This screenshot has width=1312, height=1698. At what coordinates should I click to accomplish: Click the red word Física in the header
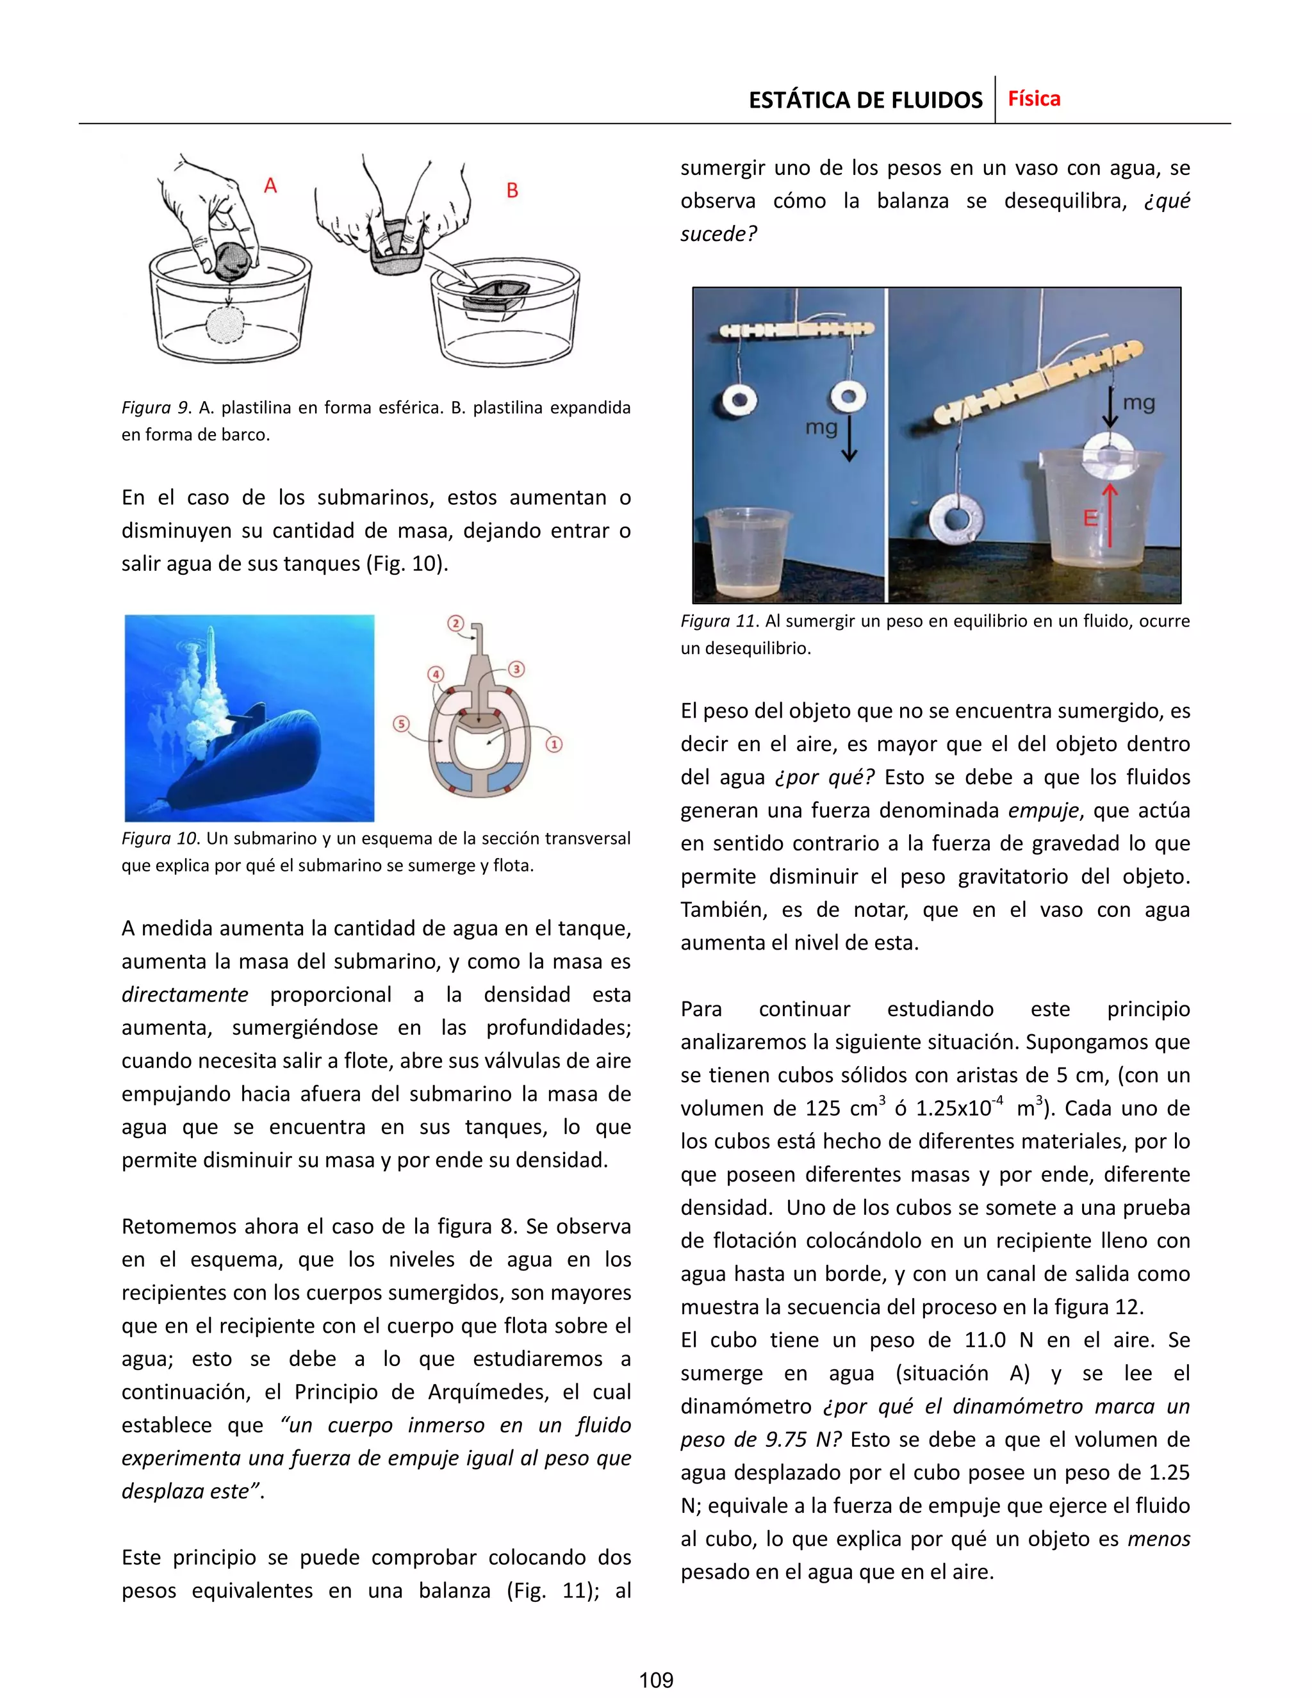pos(1034,99)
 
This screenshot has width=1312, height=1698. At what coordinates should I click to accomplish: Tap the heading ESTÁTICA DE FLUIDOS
pos(865,101)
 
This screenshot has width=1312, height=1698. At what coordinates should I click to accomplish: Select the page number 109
pos(655,1680)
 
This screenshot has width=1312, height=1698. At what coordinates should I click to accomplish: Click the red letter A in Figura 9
pos(270,186)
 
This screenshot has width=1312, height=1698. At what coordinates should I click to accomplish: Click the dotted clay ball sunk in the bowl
pos(225,325)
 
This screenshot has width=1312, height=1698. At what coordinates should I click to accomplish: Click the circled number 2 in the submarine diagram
pos(456,623)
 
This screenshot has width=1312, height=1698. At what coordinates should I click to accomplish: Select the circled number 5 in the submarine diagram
pos(401,724)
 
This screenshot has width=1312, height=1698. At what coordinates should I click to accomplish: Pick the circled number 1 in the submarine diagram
pos(554,744)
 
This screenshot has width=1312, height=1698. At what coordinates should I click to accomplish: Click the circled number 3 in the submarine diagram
pos(516,668)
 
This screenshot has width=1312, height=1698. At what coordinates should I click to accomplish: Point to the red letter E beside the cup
pos(1090,517)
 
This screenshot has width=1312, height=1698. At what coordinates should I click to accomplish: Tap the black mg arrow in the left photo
pos(849,440)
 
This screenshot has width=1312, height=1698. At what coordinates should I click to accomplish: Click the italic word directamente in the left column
pos(185,994)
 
